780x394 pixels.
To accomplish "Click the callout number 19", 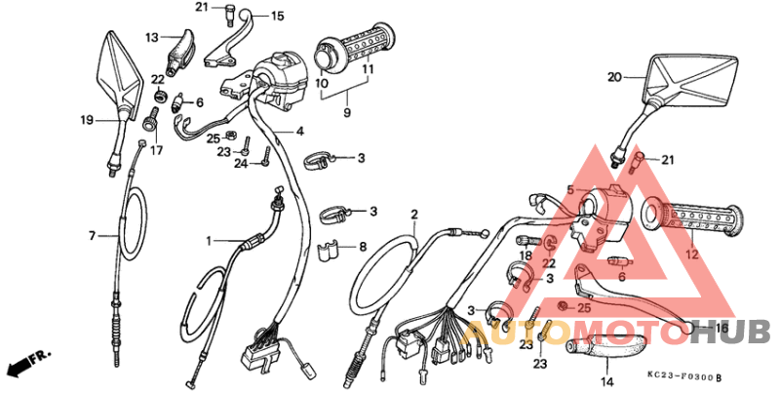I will click(x=86, y=121).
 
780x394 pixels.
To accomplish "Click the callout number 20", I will click(x=613, y=77).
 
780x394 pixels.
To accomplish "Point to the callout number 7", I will click(x=92, y=236).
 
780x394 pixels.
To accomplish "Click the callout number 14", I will click(x=605, y=382).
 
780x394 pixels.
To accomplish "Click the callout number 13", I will click(x=152, y=37).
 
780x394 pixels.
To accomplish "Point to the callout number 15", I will click(x=277, y=16).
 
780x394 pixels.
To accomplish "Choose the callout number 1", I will click(x=208, y=240).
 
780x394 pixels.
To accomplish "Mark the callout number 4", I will click(x=300, y=131).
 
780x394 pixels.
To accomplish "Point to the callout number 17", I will click(x=156, y=150).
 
